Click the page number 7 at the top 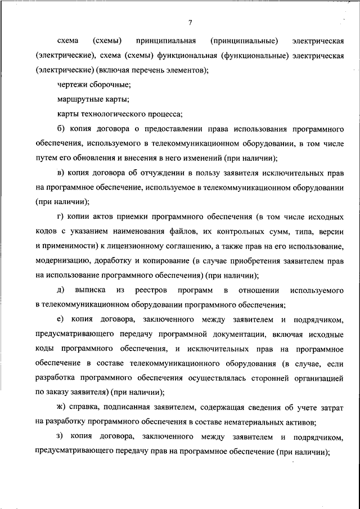point(190,22)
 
